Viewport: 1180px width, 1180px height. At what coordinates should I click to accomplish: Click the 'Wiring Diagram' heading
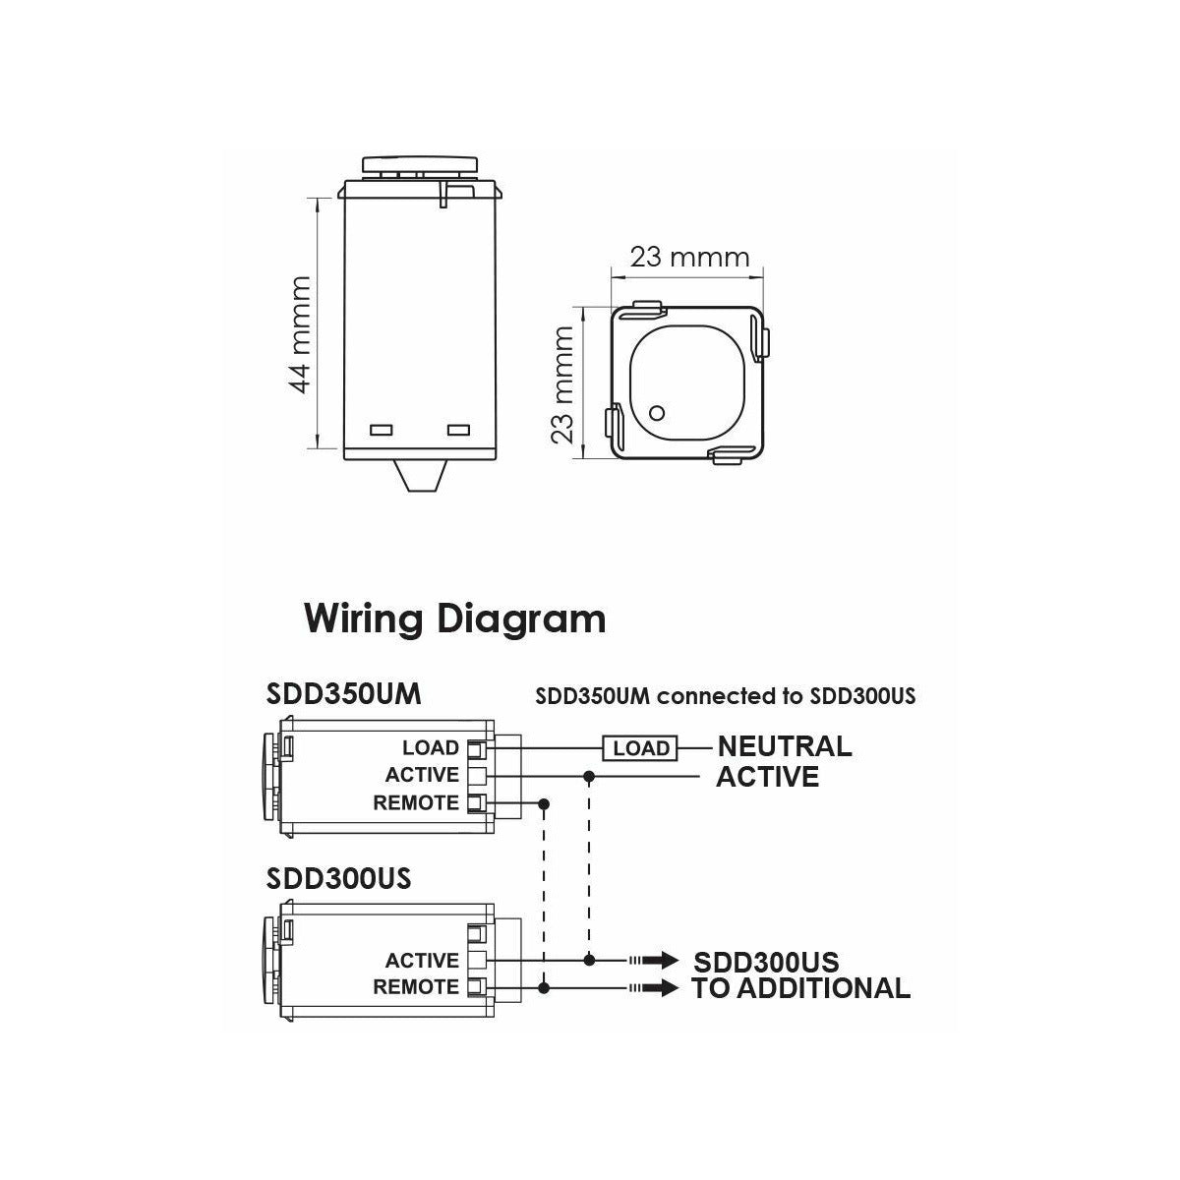click(x=454, y=619)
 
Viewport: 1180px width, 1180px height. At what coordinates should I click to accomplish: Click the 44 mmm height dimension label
click(x=301, y=334)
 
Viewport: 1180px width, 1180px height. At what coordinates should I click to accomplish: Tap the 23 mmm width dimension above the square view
click(x=689, y=258)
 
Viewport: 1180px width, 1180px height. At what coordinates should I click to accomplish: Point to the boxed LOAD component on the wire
click(x=640, y=748)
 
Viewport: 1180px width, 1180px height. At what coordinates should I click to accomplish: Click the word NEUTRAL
click(x=784, y=746)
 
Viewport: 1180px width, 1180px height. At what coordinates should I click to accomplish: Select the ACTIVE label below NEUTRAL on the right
click(x=767, y=777)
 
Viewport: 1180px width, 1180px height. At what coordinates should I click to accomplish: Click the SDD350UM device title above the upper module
click(x=344, y=694)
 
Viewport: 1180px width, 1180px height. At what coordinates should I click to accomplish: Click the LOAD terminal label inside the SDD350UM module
click(x=430, y=749)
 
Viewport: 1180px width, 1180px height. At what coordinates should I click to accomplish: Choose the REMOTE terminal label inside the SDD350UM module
click(x=416, y=803)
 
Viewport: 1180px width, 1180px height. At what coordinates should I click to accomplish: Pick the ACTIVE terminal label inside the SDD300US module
click(x=422, y=961)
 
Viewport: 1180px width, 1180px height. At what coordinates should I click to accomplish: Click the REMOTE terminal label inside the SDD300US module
click(x=416, y=987)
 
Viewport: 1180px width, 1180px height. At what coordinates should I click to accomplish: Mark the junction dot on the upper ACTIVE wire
click(x=589, y=777)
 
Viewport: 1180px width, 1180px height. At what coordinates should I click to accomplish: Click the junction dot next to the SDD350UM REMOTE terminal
click(x=544, y=804)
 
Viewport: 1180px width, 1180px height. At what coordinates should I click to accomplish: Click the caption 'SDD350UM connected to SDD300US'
click(x=726, y=696)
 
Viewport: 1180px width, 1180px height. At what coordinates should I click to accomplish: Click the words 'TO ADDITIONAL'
click(x=800, y=988)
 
